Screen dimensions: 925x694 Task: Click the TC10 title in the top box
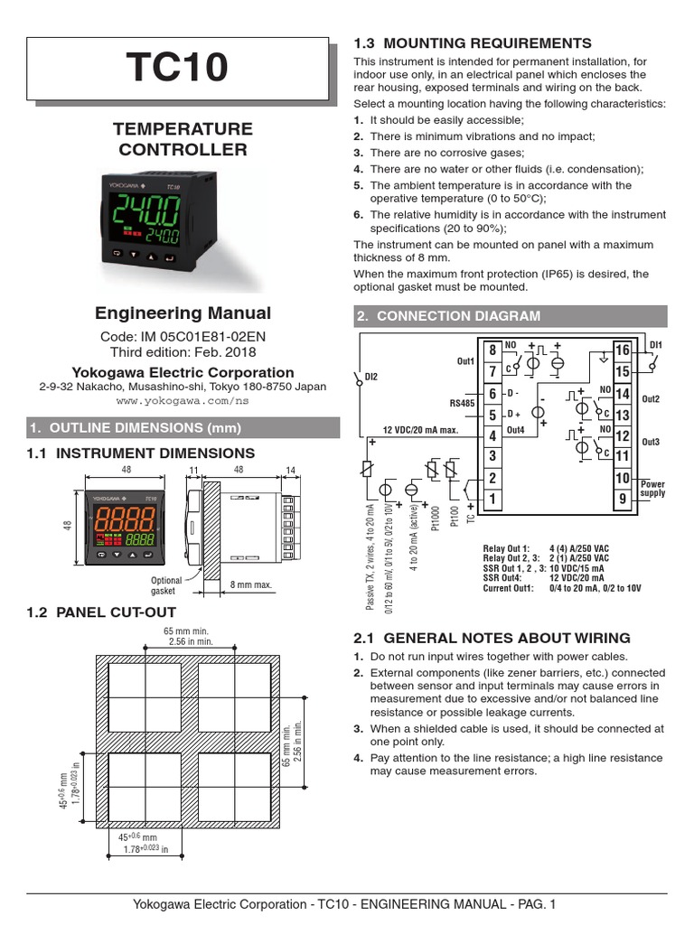point(177,69)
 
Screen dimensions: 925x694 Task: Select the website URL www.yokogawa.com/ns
point(183,399)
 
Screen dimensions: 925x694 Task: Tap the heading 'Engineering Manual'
point(183,313)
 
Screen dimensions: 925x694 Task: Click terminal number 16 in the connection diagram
point(622,350)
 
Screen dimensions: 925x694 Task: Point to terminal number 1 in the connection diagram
point(492,499)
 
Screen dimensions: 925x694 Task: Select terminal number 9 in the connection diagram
point(622,499)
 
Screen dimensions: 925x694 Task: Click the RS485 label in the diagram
point(462,404)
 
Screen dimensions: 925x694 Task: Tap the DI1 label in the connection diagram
point(656,345)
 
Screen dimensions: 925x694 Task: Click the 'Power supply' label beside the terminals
point(652,489)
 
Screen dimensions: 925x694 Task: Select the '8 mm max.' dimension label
point(250,584)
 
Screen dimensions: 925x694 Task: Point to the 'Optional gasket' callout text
point(166,585)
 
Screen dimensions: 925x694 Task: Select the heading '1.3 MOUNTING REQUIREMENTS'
point(472,43)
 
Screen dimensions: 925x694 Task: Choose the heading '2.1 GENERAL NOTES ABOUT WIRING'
point(492,638)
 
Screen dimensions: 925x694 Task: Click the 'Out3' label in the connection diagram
point(651,442)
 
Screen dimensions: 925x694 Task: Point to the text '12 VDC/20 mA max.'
point(422,429)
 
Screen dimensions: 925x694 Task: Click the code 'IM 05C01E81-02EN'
point(207,336)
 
